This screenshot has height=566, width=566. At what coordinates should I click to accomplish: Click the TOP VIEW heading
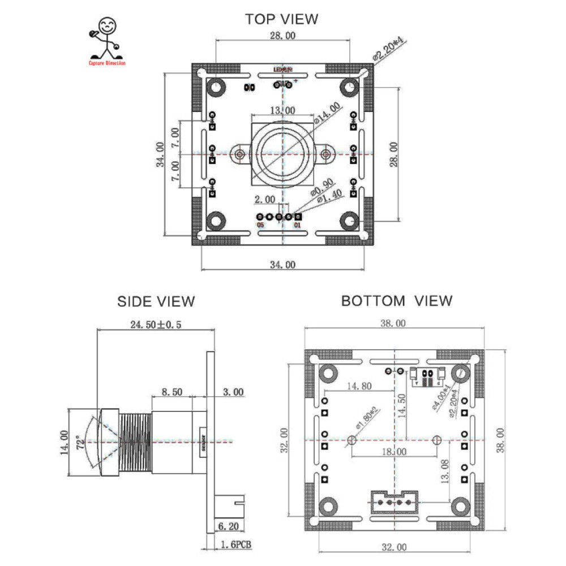click(x=281, y=19)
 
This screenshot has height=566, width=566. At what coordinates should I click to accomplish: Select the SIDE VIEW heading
click(x=156, y=301)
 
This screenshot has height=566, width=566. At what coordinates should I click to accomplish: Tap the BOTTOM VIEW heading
click(x=396, y=301)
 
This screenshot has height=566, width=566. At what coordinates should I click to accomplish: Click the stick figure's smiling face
click(x=106, y=26)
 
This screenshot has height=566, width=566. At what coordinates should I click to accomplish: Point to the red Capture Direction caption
click(x=107, y=63)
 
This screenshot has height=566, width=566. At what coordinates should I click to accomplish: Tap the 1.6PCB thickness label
click(x=234, y=544)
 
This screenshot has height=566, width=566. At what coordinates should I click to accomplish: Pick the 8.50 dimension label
click(x=172, y=391)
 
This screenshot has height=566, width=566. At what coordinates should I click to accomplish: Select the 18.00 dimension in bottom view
click(x=394, y=452)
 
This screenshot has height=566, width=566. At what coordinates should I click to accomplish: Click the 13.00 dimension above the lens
click(x=282, y=110)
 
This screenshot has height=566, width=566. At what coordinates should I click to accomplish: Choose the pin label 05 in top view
click(x=260, y=225)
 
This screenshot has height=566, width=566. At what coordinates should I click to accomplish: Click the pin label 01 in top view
click(x=297, y=225)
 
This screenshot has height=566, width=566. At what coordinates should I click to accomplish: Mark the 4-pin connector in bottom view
click(x=393, y=501)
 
